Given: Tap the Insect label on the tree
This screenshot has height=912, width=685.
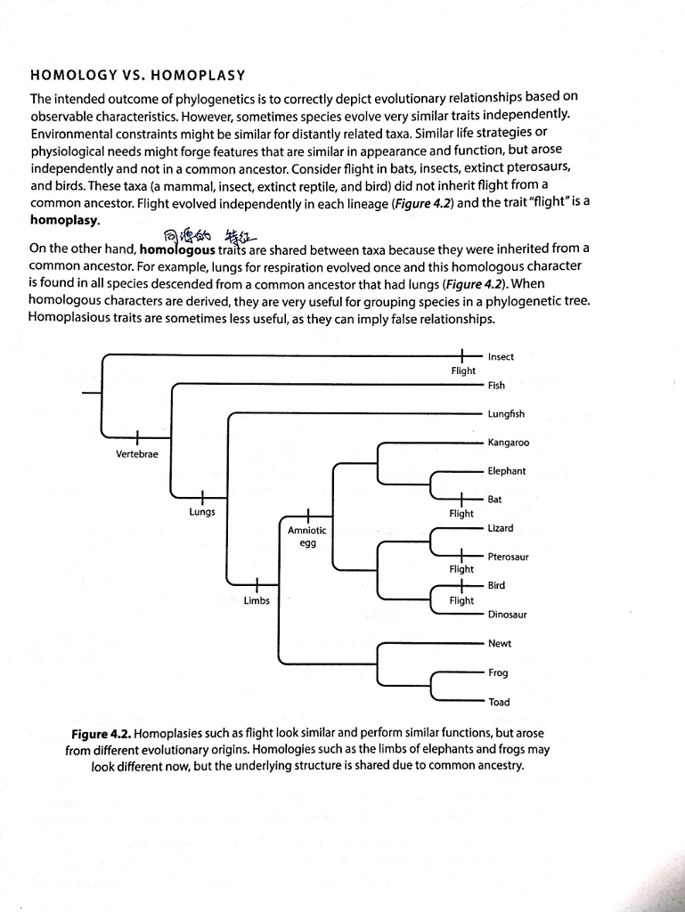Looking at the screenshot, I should (x=501, y=357).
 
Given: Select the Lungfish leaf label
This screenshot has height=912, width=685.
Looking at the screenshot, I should (x=506, y=414).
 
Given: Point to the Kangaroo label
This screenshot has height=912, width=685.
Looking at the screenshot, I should (x=508, y=443).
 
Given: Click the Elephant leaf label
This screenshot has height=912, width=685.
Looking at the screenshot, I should (x=506, y=471).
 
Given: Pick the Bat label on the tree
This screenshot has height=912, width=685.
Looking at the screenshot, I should (x=495, y=500).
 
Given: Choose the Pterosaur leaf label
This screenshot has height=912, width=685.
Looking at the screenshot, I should (x=508, y=557).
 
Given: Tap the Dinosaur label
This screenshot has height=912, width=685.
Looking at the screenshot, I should (x=507, y=615).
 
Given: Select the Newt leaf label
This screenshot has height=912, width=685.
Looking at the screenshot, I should (x=499, y=644).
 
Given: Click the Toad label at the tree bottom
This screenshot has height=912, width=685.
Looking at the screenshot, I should (x=499, y=702).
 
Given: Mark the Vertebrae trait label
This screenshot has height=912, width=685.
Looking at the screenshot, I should (x=137, y=455).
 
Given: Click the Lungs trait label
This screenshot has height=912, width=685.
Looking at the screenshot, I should (x=202, y=512).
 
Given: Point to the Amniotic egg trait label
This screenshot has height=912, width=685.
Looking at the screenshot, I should (x=306, y=536).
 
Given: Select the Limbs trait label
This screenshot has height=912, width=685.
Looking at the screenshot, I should (x=257, y=600).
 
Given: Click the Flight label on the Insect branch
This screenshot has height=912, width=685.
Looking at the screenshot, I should (x=463, y=370).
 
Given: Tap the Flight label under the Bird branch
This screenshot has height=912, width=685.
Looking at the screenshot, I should (x=461, y=600).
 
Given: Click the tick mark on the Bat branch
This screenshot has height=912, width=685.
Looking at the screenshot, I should (x=462, y=500).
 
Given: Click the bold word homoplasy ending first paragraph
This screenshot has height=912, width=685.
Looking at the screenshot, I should (x=65, y=218).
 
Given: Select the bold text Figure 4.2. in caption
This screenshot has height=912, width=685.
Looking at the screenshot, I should (x=101, y=734).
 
